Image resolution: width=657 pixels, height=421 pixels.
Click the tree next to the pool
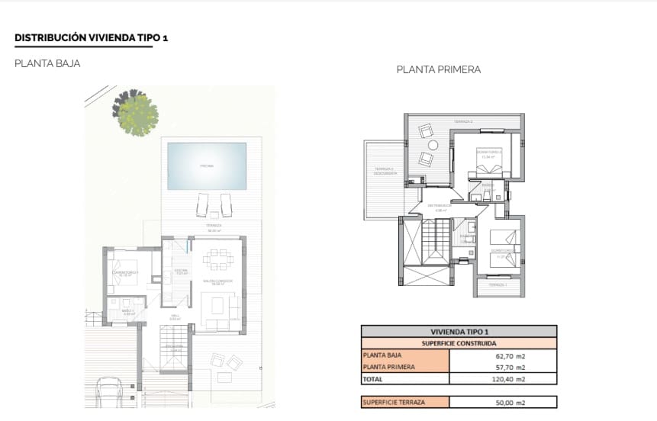point(137,114)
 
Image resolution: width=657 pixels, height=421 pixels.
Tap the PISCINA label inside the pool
point(207,166)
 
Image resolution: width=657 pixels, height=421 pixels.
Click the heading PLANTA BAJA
point(47,64)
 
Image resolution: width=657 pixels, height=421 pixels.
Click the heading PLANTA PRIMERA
point(438,69)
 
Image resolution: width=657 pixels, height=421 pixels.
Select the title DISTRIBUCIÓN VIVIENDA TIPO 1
point(91,37)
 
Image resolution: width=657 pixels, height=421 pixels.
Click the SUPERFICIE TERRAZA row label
point(394,402)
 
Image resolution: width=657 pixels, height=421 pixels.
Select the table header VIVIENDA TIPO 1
point(459,332)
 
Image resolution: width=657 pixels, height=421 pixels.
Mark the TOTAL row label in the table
point(374,378)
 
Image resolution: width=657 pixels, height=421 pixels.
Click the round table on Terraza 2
point(433,145)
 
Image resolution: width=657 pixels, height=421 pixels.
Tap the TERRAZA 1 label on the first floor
point(496,284)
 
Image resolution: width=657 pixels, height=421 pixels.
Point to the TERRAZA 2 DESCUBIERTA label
point(384,171)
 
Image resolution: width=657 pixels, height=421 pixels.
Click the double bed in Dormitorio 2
point(489,162)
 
